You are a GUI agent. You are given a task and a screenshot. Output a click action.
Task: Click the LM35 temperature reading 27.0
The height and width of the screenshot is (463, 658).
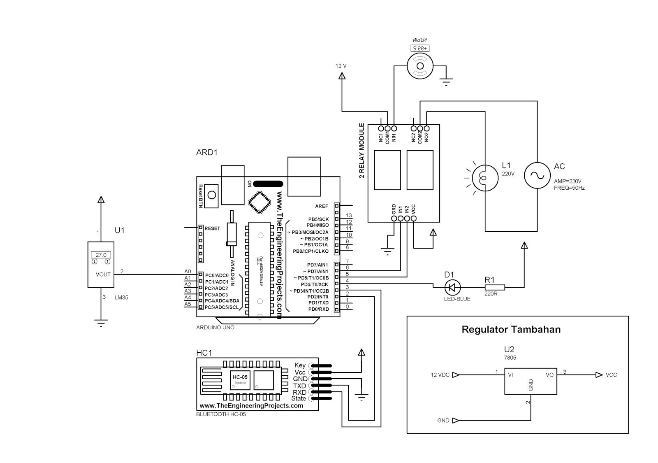pos(101,255)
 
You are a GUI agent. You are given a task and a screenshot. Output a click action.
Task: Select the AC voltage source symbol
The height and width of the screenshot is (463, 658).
pos(537,175)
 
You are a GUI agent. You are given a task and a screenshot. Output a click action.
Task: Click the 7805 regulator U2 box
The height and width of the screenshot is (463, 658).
pos(531,381)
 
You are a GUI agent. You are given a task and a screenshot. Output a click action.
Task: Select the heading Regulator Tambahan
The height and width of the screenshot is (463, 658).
pos(511,329)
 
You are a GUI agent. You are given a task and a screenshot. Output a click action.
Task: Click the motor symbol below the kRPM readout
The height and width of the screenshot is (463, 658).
pos(420,65)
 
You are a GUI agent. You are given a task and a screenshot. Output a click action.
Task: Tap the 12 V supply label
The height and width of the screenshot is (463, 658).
pos(341,66)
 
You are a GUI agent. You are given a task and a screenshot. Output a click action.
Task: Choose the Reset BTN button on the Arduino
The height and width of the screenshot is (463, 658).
pos(212,194)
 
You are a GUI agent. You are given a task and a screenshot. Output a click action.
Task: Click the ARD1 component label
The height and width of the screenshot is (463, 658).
pos(207,152)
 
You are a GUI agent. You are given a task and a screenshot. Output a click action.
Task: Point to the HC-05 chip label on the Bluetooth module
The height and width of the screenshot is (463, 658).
pos(240,377)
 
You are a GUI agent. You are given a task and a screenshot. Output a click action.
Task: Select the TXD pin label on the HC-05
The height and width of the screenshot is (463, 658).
pos(299,386)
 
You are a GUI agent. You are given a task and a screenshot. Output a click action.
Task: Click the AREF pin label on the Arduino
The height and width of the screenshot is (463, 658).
pos(322,206)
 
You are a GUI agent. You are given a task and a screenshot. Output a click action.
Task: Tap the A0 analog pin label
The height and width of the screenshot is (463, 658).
pos(188,272)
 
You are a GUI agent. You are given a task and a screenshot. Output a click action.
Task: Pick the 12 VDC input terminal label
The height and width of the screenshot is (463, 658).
pos(440,375)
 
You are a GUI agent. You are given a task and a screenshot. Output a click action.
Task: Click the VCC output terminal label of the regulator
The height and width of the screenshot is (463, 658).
pos(611,375)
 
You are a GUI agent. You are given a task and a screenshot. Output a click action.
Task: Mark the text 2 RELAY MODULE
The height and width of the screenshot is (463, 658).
pos(362,150)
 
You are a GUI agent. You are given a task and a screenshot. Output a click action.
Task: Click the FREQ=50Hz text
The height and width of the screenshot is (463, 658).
pos(569,188)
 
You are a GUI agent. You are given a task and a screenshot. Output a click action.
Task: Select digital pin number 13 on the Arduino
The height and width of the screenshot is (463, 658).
pos(349,215)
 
